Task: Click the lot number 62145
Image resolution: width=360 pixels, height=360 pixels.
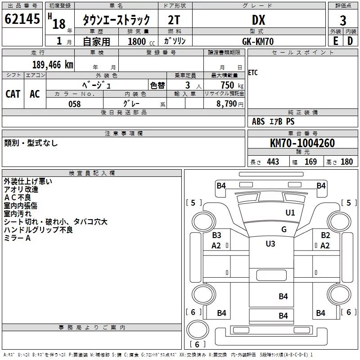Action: pos(22,19)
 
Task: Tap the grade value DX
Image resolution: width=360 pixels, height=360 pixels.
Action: pos(258,20)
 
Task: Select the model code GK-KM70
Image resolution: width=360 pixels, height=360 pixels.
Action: pos(258,41)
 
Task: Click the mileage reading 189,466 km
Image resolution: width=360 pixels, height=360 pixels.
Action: pos(53,65)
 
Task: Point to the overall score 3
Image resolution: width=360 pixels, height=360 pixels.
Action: pos(343,21)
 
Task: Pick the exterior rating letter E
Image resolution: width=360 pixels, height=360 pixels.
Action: pos(336,41)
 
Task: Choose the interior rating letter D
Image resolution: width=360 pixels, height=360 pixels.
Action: pos(350,41)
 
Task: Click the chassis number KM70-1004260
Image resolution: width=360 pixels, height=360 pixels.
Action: pos(302,143)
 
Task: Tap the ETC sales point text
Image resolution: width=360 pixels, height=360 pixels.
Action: pos(253,73)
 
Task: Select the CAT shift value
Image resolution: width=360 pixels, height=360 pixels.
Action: pos(13,94)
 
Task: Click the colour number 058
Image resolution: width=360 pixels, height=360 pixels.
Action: pos(75,104)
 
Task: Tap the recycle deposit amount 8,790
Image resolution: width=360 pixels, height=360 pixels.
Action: pos(226,104)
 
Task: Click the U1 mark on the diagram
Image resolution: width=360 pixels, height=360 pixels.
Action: pos(290,213)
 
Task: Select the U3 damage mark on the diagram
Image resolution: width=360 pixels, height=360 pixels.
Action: pos(270,243)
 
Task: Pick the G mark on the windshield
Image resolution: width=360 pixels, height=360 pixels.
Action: pos(284,229)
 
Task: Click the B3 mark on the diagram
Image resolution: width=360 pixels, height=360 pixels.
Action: pos(216,235)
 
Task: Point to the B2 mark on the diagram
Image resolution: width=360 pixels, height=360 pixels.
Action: pos(325,235)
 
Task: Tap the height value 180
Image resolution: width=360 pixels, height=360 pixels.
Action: pos(346,162)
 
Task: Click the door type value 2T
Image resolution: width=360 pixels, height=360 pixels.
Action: pos(174,20)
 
